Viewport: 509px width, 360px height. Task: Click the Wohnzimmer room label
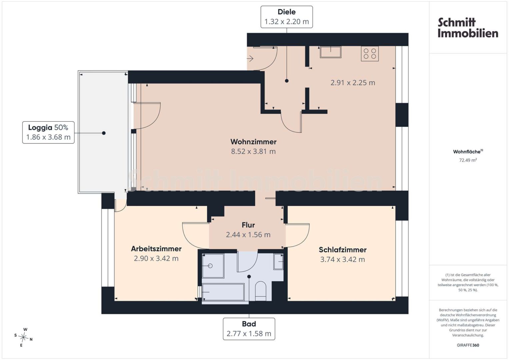(253, 142)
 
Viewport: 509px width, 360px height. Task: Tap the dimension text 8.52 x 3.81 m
(253, 151)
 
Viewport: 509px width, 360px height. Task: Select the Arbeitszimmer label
(156, 249)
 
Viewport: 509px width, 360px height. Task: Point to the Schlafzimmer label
(342, 250)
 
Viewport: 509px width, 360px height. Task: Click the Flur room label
(248, 225)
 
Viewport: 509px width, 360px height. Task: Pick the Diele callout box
(287, 17)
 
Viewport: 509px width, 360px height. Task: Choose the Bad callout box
(249, 329)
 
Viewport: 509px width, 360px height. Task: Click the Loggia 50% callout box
(48, 132)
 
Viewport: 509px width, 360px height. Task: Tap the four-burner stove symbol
(370, 54)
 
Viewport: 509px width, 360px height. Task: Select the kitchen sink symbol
(331, 52)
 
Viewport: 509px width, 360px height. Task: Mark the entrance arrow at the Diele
(250, 59)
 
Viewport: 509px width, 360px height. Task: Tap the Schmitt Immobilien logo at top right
(468, 28)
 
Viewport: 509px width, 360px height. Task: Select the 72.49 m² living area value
(468, 160)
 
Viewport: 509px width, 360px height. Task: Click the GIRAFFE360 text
(468, 345)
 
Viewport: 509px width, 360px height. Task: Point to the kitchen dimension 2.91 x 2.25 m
(353, 83)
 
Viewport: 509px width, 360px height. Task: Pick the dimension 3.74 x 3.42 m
(342, 260)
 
